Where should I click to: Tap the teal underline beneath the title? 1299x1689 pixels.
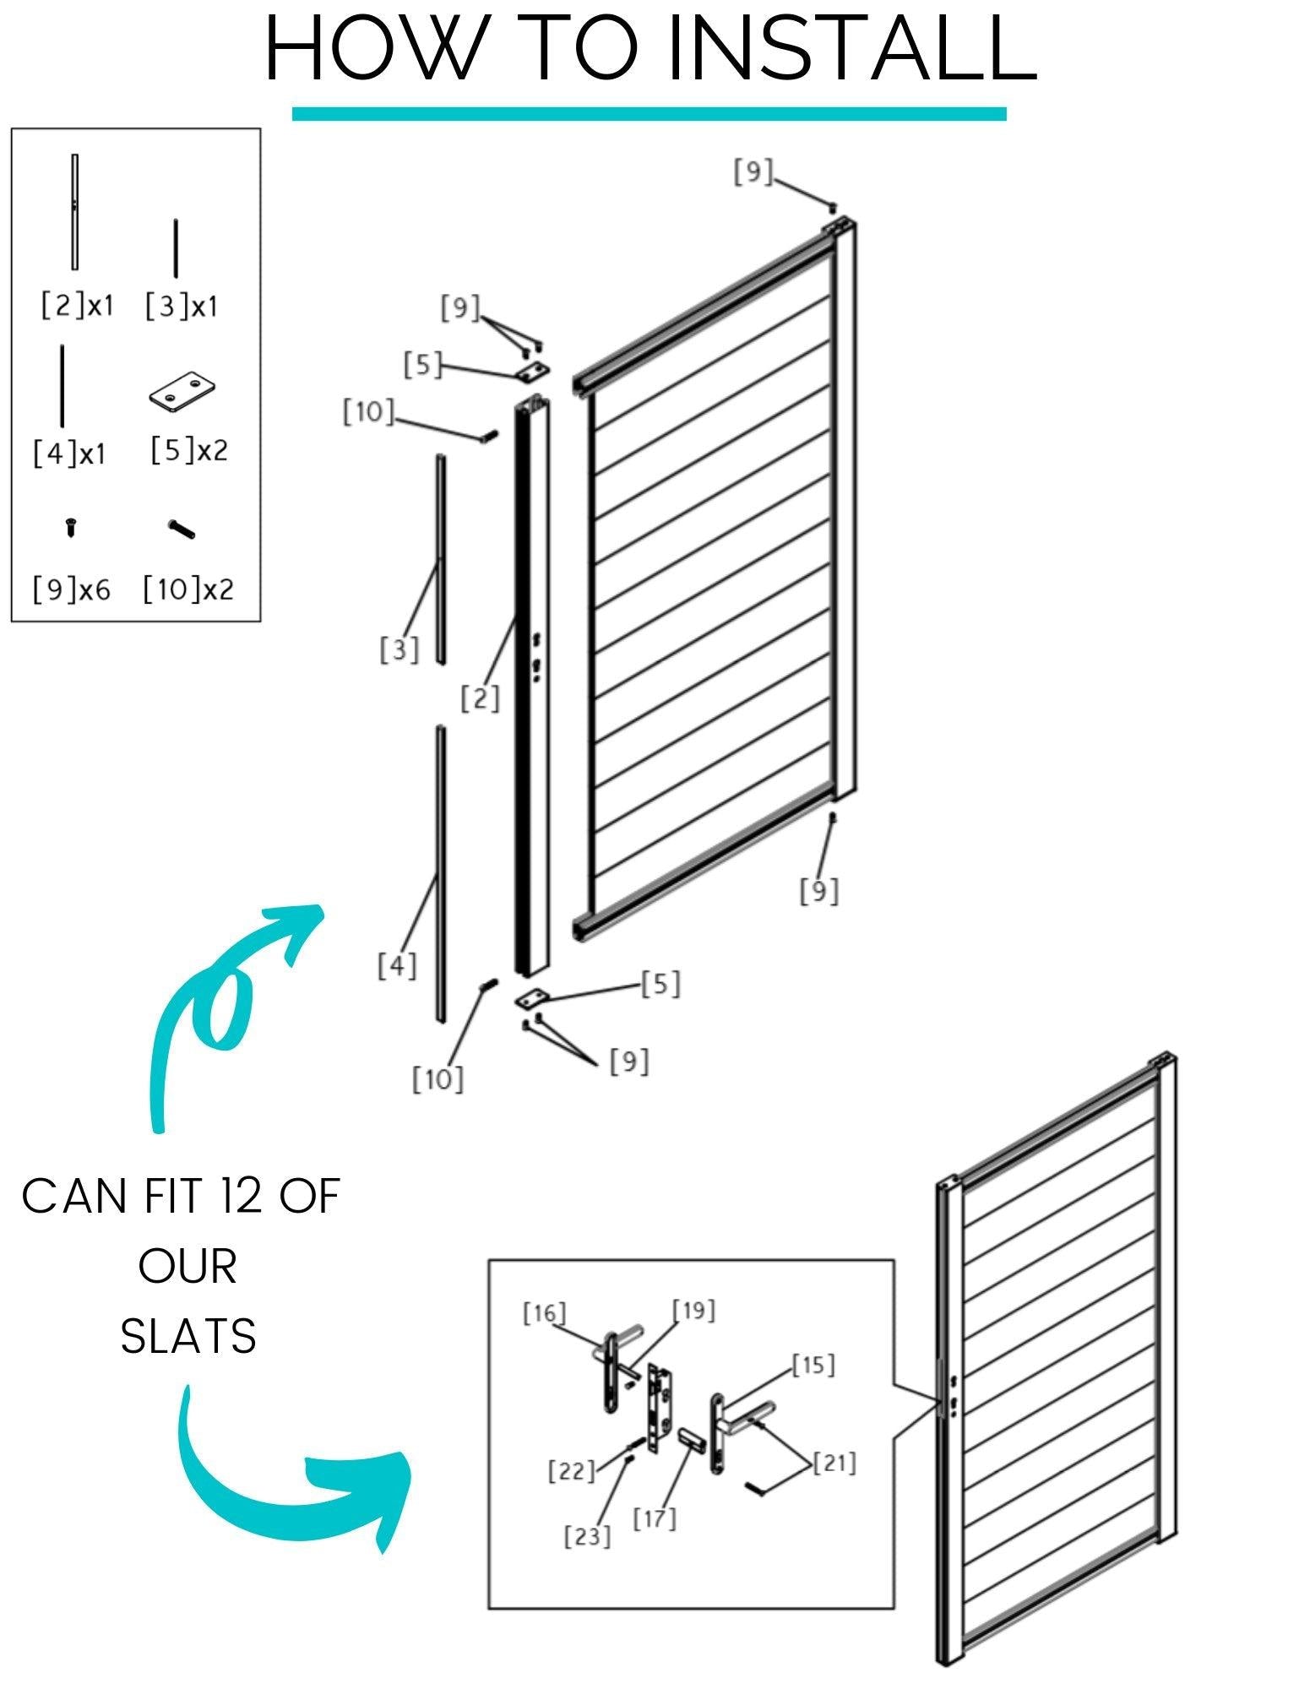click(649, 114)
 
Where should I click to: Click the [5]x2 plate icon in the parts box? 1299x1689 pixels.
click(182, 392)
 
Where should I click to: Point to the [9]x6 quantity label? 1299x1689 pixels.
click(72, 589)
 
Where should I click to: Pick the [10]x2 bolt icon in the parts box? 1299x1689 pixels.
click(182, 530)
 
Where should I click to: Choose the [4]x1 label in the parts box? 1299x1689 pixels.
click(70, 453)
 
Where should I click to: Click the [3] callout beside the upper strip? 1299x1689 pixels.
click(399, 649)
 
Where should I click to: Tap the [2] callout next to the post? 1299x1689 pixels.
click(480, 698)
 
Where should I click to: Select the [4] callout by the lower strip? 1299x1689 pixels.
click(397, 965)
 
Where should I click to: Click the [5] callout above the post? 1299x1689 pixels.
click(423, 365)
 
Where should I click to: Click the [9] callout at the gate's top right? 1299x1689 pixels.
click(753, 171)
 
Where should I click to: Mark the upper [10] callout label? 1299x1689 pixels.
click(368, 412)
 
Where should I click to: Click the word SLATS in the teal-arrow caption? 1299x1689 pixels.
click(188, 1336)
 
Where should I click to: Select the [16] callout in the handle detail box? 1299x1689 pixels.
click(544, 1314)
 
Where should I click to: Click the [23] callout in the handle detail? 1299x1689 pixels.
click(587, 1535)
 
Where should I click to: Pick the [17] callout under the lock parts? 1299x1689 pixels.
click(655, 1519)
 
